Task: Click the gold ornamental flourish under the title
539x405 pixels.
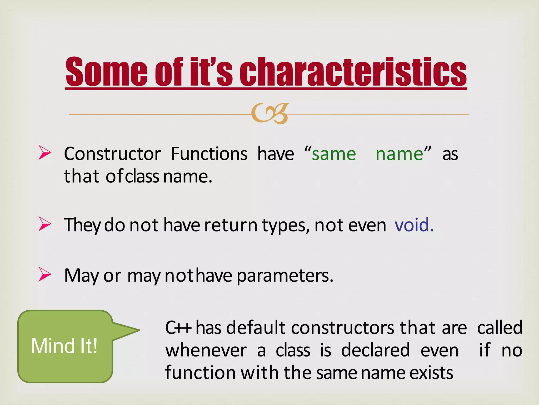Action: pos(270,113)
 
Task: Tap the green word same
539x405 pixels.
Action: pos(334,154)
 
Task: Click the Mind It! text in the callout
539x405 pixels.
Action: pos(64,346)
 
